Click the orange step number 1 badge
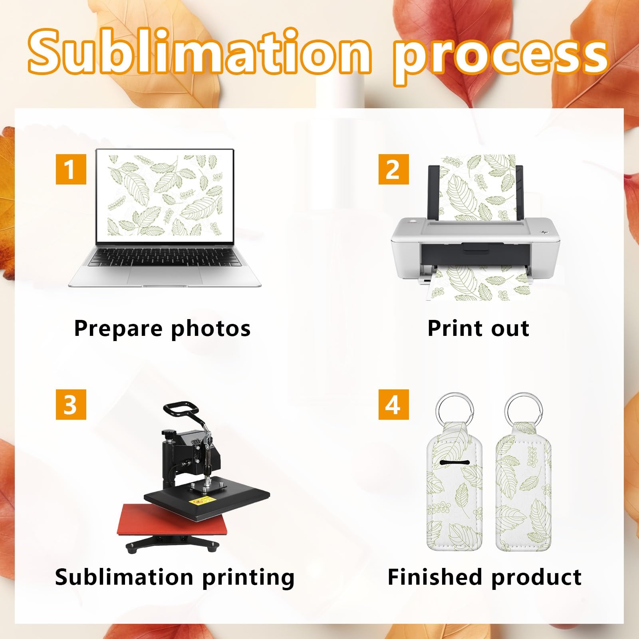click(x=71, y=169)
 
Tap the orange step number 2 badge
click(x=393, y=169)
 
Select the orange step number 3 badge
click(x=71, y=404)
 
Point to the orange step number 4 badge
click(x=393, y=404)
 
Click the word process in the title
click(x=501, y=56)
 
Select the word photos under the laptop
click(x=210, y=329)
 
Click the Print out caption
click(x=478, y=328)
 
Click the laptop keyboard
click(x=165, y=257)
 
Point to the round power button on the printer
click(x=412, y=220)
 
